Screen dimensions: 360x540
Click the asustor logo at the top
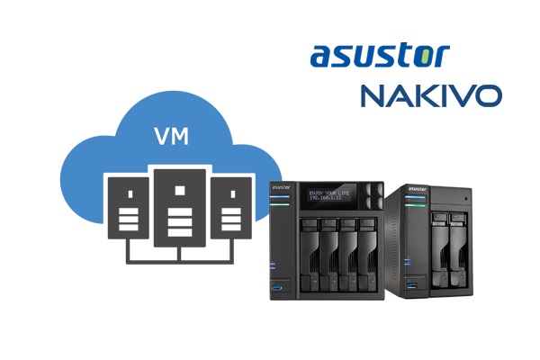(x=378, y=55)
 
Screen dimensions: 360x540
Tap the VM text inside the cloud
(x=171, y=139)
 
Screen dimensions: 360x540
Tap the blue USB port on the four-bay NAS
(x=277, y=285)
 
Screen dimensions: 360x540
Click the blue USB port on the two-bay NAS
(x=414, y=287)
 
